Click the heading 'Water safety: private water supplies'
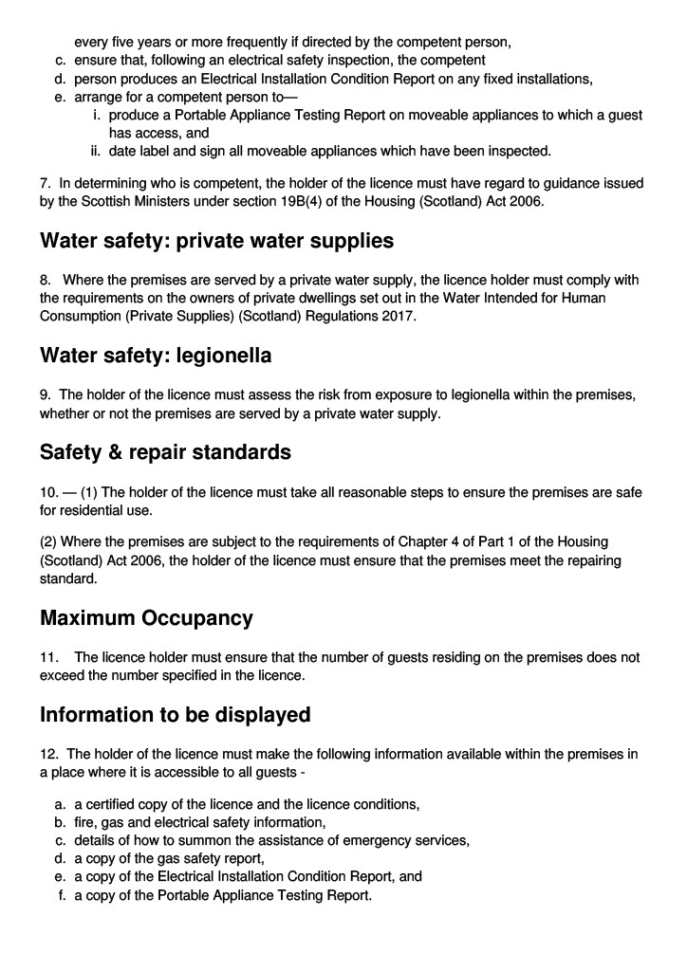[216, 241]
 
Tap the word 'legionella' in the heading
[224, 356]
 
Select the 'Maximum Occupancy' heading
[146, 618]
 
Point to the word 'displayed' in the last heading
[258, 714]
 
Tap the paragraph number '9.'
[46, 394]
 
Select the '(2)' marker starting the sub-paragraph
[48, 541]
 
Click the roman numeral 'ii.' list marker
[96, 151]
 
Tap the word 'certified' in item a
[114, 804]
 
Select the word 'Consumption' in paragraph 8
[80, 316]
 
